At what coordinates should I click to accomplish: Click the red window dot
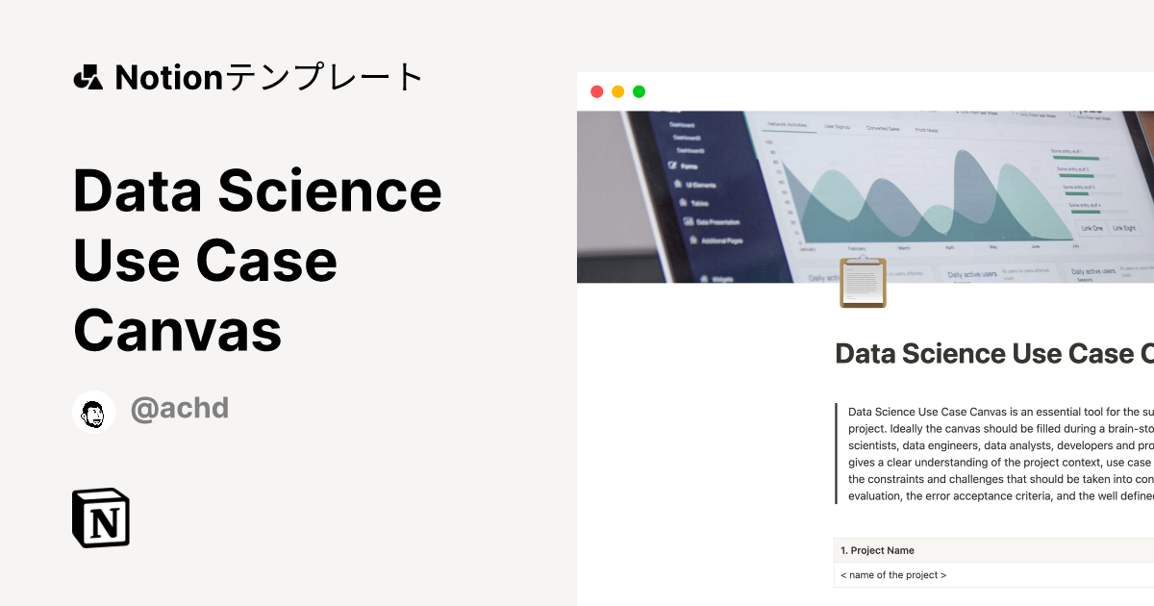tap(596, 91)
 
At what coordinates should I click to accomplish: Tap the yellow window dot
tap(617, 91)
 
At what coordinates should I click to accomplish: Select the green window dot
tap(639, 91)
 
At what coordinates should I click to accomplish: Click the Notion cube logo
tap(101, 518)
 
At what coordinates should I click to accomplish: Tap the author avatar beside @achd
tap(93, 412)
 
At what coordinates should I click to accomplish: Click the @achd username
tap(180, 408)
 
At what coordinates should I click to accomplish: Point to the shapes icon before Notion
tap(88, 77)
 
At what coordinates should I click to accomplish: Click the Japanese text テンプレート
tap(324, 77)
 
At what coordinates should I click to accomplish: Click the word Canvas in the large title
tap(177, 330)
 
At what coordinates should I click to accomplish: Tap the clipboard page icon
tap(863, 282)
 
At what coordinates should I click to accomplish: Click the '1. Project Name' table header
tap(877, 550)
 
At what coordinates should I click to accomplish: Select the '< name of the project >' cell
tap(893, 575)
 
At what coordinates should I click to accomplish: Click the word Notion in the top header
tap(169, 77)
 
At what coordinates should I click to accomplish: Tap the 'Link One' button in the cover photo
tap(1091, 228)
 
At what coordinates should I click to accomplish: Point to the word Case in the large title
tap(268, 261)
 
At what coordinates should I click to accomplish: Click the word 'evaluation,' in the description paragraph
tap(878, 497)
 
